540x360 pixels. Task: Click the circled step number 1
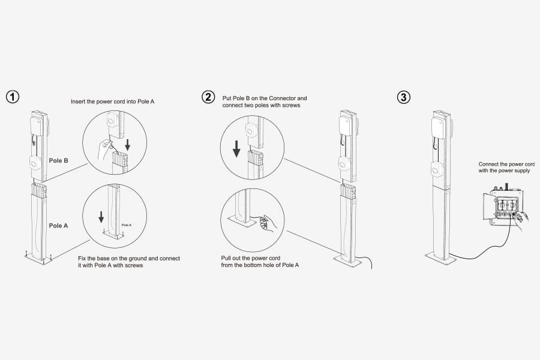coord(12,97)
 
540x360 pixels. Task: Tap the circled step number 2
coord(208,97)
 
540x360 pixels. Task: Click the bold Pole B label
coord(58,161)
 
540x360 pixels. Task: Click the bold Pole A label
coord(58,226)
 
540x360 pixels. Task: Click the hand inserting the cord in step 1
coord(106,145)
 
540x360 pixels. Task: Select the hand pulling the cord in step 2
coord(264,223)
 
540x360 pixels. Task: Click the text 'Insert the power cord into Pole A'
coord(112,101)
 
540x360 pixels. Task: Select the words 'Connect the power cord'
coord(506,164)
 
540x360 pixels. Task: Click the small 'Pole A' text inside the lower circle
coord(126,225)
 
